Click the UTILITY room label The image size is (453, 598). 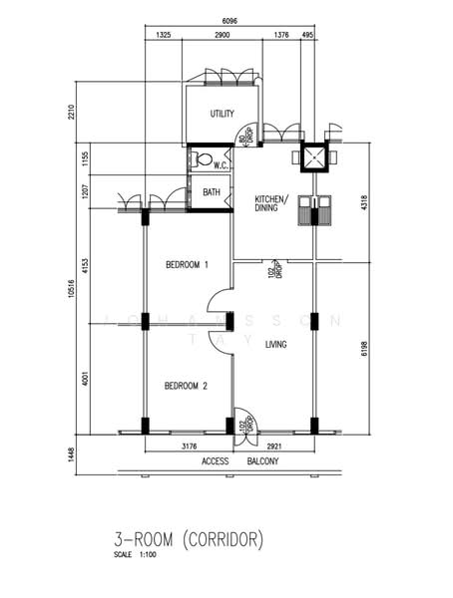[222, 115]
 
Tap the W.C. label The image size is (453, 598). [223, 165]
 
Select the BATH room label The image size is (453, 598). [212, 192]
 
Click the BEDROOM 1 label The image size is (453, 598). [187, 265]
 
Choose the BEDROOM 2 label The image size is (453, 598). [186, 386]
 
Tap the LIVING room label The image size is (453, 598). [276, 345]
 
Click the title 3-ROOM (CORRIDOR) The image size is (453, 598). [190, 541]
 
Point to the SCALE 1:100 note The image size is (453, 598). [138, 555]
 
